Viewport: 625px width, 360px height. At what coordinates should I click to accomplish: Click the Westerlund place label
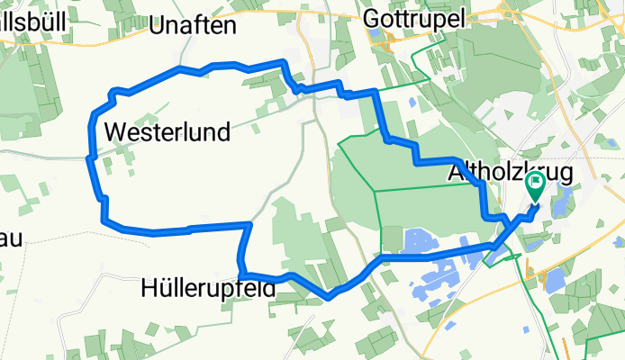168,132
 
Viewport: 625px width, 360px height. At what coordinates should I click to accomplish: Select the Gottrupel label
415,18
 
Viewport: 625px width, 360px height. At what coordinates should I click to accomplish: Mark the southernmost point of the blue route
331,296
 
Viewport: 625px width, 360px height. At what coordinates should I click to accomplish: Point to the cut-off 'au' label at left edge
11,238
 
